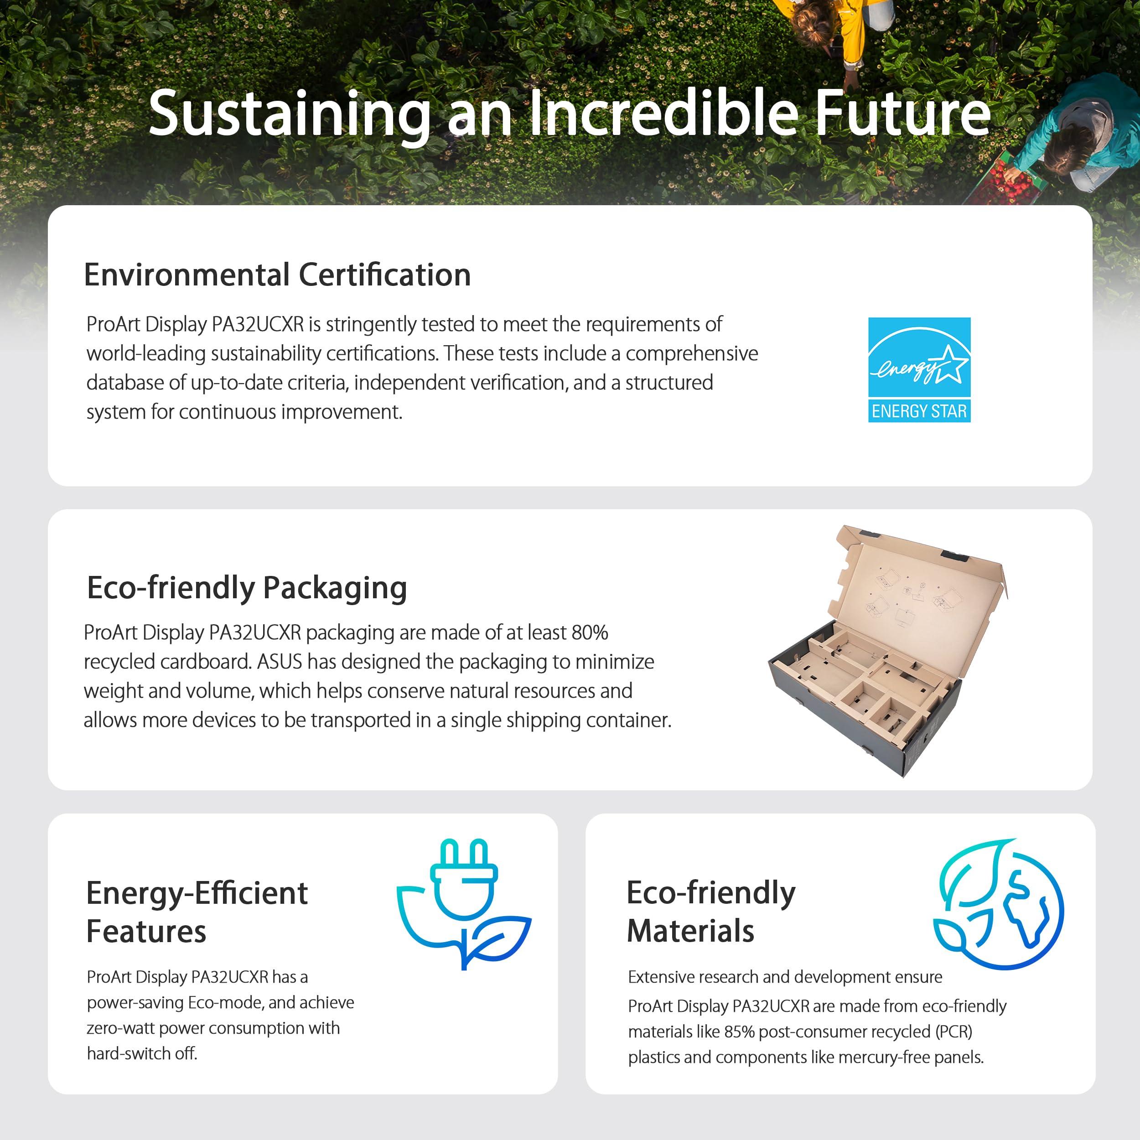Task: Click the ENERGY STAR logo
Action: [x=919, y=370]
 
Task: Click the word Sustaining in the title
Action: [x=290, y=113]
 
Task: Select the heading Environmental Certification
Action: [x=277, y=275]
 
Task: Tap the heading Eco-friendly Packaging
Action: [x=247, y=588]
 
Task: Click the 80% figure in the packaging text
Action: [x=590, y=632]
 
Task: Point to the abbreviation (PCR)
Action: [x=953, y=1032]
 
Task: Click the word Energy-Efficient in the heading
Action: [x=197, y=894]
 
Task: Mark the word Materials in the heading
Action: [x=690, y=932]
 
